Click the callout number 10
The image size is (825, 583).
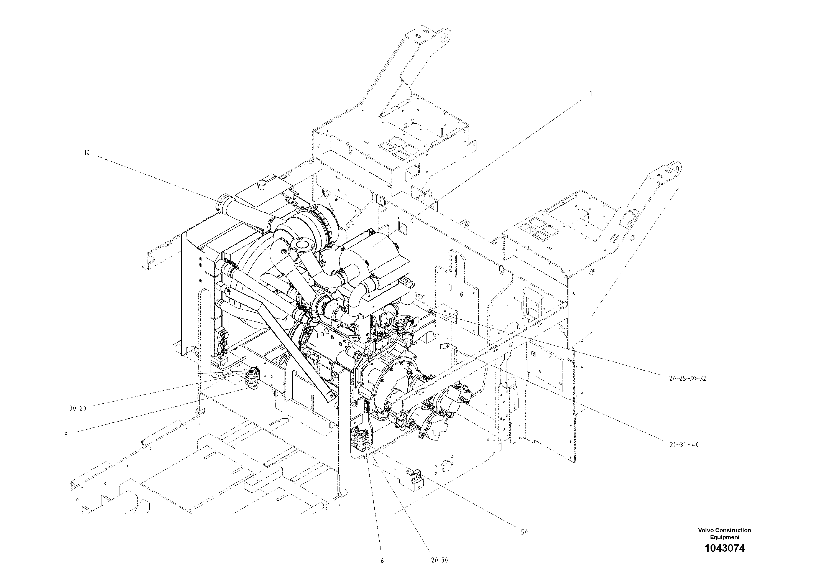(x=86, y=153)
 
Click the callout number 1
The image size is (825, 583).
(x=591, y=93)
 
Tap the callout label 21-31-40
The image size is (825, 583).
(x=684, y=445)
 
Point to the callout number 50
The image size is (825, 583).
(x=524, y=532)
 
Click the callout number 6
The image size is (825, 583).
(x=382, y=560)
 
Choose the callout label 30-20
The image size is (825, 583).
(x=78, y=408)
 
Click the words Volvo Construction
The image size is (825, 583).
(x=724, y=530)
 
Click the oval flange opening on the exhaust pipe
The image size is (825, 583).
(x=300, y=245)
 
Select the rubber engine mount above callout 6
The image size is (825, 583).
(x=360, y=441)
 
